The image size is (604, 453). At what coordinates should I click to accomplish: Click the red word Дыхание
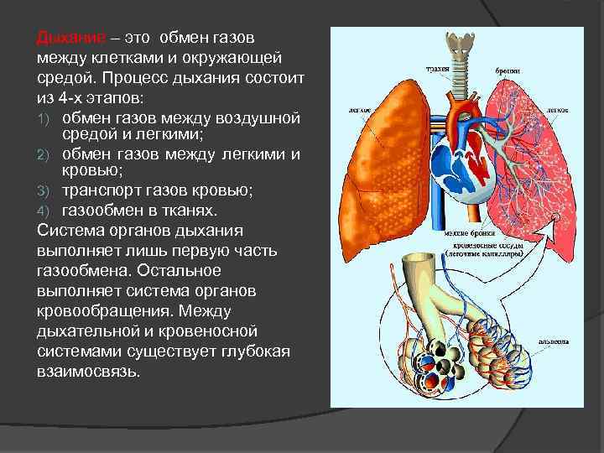coord(71,39)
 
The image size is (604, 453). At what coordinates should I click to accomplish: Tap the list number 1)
coord(44,117)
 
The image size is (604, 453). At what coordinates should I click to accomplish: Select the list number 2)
coord(44,154)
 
